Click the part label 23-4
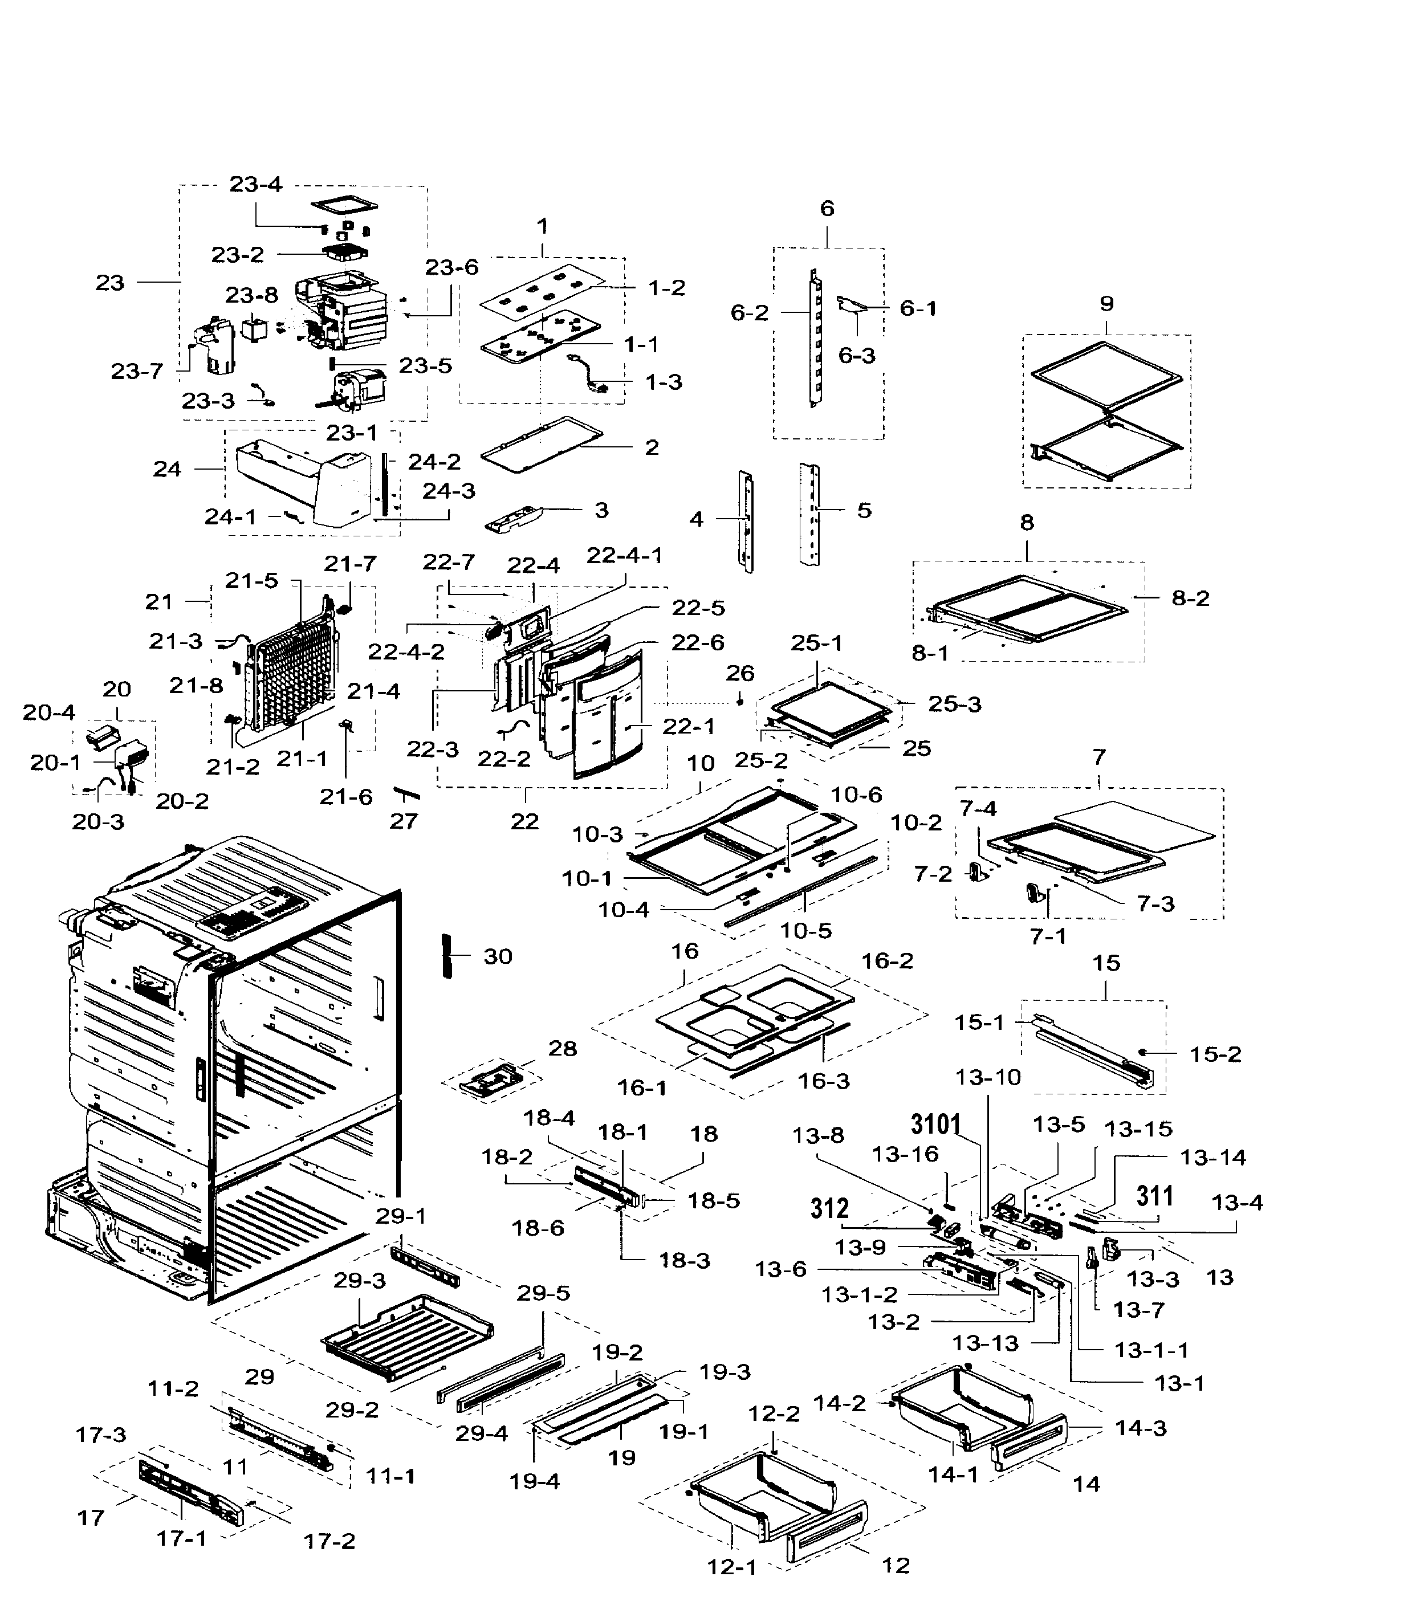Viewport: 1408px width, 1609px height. coord(255,184)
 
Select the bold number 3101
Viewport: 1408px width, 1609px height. coord(936,1125)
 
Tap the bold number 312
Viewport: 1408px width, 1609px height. coord(830,1208)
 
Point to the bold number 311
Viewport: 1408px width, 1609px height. coord(1155,1196)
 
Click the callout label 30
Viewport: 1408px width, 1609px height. coord(497,956)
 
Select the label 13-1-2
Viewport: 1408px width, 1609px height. coord(860,1294)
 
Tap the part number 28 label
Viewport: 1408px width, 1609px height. coord(563,1048)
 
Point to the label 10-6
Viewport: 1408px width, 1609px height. coord(856,795)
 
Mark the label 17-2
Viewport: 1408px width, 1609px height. coord(329,1541)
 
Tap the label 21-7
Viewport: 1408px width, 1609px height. coord(351,563)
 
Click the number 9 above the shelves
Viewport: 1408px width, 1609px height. coord(1106,303)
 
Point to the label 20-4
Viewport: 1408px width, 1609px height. coord(48,712)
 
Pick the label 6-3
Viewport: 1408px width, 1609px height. coord(856,355)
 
